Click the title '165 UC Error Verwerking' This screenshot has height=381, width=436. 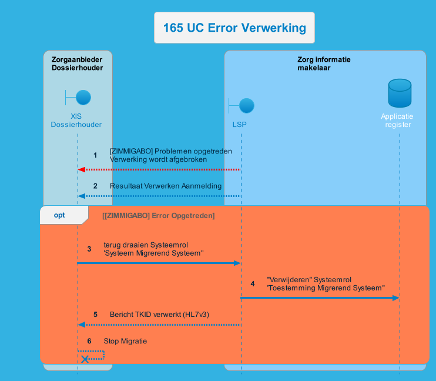coord(234,28)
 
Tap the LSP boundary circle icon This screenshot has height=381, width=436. coord(247,106)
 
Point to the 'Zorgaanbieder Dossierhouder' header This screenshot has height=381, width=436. coord(77,63)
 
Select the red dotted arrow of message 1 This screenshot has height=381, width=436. coord(159,169)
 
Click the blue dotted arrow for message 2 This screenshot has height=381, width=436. coord(159,196)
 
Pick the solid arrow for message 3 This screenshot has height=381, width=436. coord(159,263)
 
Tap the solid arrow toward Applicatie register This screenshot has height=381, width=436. coord(320,298)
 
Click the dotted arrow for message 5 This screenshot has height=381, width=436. coord(159,325)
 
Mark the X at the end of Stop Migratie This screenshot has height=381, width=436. coord(85,359)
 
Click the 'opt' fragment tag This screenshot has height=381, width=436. coord(59,215)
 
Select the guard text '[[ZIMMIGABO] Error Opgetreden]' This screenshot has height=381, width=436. coord(158,216)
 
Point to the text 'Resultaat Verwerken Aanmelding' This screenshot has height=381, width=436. coord(166,186)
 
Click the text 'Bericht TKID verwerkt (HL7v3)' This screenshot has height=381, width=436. coord(159,315)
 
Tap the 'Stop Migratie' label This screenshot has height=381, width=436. coord(125,341)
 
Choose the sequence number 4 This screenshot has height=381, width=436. coord(253,284)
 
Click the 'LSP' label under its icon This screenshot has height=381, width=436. coord(240,125)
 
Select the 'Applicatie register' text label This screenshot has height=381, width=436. coord(398,121)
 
